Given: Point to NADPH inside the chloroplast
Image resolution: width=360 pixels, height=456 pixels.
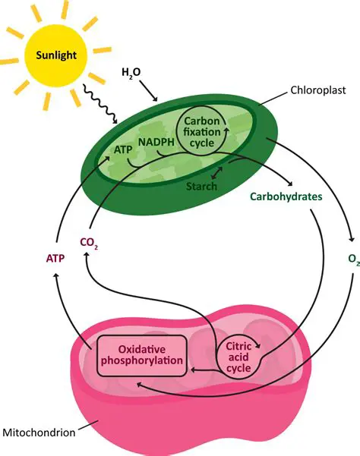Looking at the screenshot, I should [157, 141].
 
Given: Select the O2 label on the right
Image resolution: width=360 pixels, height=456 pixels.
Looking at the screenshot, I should [352, 259].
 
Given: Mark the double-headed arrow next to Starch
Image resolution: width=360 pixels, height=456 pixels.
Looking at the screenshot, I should [216, 176].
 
